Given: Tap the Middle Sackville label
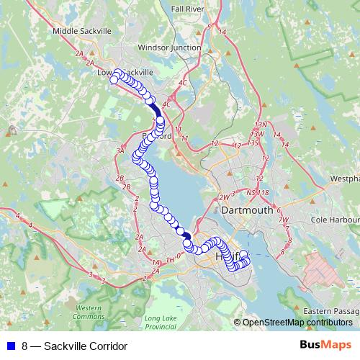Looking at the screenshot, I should [82, 32].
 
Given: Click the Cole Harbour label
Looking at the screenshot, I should [334, 220].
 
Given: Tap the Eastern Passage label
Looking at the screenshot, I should [331, 310].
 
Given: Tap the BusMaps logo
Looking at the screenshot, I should [325, 345].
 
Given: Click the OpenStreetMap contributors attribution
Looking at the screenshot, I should [297, 323].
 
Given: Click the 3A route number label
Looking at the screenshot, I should [120, 150].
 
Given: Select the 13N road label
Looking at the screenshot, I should [260, 125].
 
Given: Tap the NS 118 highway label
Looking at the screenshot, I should [256, 192].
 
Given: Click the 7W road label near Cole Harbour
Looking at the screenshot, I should [284, 220].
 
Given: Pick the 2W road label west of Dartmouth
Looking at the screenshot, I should [223, 196].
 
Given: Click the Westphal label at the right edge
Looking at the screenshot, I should [345, 177].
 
